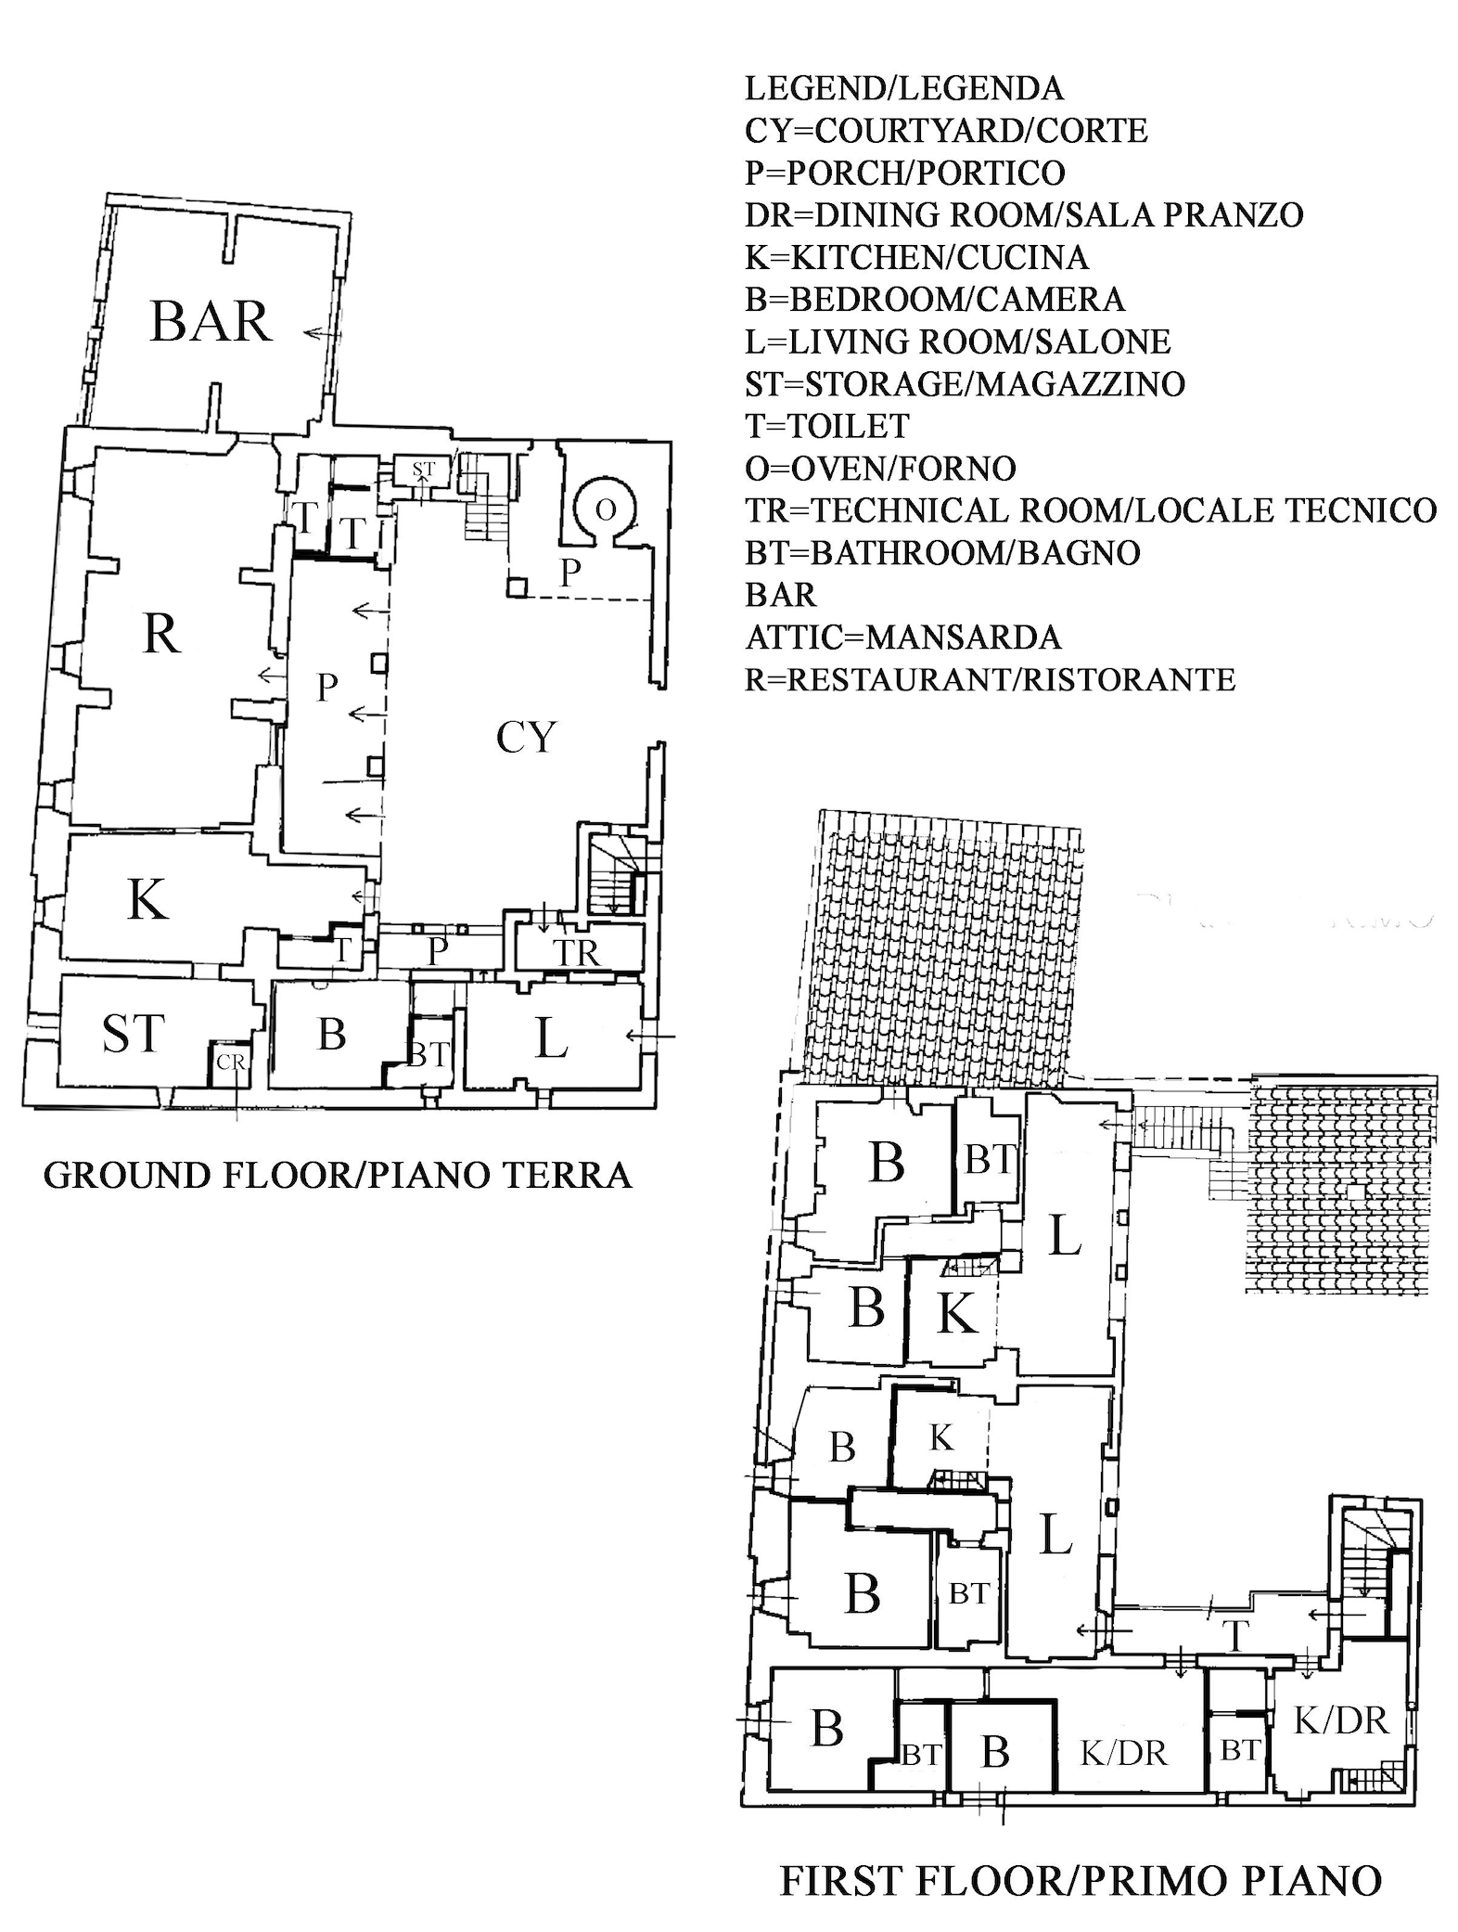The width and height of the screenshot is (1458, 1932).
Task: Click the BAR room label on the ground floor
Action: (211, 322)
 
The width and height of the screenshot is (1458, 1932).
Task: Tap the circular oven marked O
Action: (605, 510)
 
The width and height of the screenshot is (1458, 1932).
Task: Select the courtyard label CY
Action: (526, 739)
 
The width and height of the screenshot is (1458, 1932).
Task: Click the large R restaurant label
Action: (160, 636)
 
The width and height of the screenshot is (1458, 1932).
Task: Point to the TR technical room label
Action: (577, 952)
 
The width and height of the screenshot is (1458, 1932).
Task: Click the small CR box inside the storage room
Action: (230, 1062)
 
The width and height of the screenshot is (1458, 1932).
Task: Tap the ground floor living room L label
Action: (551, 1038)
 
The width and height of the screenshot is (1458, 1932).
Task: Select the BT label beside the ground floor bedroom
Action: (428, 1055)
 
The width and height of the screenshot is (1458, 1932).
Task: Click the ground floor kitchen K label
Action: (147, 899)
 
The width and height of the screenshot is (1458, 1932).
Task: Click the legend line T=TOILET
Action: (827, 426)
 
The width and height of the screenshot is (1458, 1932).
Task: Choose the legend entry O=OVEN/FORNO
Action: (880, 469)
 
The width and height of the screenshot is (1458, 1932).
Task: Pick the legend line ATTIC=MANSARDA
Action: (902, 638)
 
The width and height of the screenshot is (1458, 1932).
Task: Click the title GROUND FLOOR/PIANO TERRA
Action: (338, 1176)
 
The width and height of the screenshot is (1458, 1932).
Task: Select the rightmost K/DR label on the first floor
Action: (1340, 1720)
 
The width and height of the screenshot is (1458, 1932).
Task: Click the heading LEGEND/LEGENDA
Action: (904, 88)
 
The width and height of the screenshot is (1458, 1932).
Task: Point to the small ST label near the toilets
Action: (423, 470)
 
